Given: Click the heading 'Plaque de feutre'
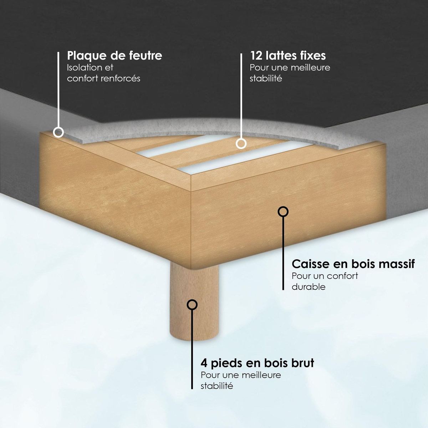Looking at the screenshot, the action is coord(114,56).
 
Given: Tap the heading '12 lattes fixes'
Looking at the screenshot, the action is coord(288,56).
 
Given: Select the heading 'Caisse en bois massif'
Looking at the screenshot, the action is coord(353,264).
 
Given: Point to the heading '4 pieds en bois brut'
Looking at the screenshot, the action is coord(257,363).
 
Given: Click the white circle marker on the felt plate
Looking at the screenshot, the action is coord(58,132).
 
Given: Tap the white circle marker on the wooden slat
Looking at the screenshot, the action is coord(241,144).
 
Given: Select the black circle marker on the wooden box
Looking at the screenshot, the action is coord(283,212).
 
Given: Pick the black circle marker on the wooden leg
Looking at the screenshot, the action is coord(192,305).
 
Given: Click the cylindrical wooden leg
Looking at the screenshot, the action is coord(194,302).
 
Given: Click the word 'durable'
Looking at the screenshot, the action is coord(309,287).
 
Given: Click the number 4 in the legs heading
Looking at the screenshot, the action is coord(204,363).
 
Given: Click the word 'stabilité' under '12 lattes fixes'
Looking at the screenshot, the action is coord(266,78).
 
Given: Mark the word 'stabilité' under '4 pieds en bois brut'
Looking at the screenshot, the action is coord(217,386).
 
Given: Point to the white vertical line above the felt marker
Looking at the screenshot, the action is coord(58,90).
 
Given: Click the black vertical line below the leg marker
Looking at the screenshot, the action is coord(192,350).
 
